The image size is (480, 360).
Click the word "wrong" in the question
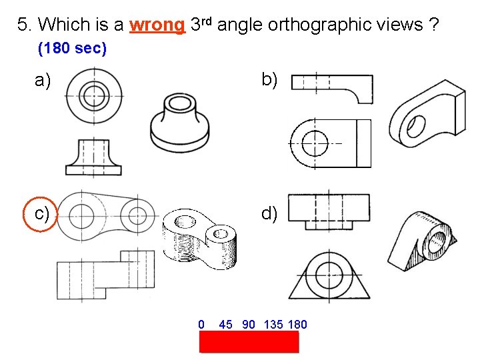click(157, 25)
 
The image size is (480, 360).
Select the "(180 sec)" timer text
click(73, 49)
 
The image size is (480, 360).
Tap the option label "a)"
click(43, 81)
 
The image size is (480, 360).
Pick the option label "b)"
click(269, 80)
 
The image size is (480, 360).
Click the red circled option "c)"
click(42, 213)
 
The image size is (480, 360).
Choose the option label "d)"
click(269, 213)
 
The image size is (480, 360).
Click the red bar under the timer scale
click(249, 341)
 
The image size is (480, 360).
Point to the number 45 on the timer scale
click(225, 325)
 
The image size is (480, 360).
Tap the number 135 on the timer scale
click(273, 325)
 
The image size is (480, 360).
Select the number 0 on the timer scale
click(201, 325)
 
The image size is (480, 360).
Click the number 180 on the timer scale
click(297, 325)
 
